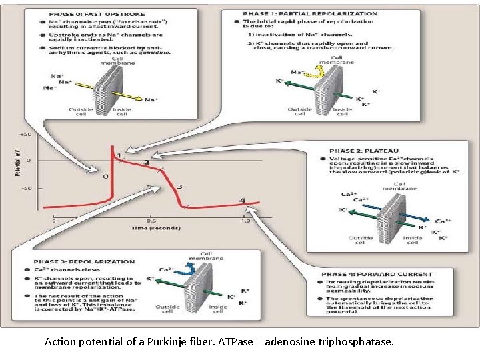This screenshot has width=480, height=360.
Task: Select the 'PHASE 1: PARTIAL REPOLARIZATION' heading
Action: click(x=311, y=13)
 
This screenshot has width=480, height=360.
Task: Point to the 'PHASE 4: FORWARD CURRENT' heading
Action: click(x=377, y=274)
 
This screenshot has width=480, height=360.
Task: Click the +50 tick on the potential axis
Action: click(x=25, y=135)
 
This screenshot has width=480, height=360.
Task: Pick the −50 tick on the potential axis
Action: click(x=25, y=188)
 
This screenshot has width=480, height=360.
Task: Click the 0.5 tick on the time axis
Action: click(x=152, y=221)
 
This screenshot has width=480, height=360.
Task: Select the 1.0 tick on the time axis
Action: click(x=245, y=221)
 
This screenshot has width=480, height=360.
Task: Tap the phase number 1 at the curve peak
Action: click(x=119, y=155)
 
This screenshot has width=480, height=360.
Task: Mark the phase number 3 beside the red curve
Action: click(x=179, y=187)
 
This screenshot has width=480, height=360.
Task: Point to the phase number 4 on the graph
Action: click(x=242, y=201)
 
